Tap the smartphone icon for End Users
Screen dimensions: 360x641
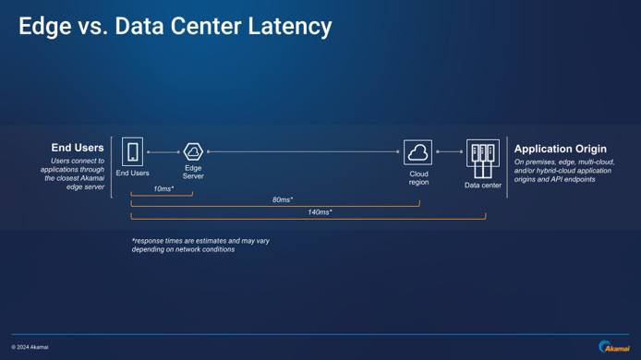[x=133, y=151]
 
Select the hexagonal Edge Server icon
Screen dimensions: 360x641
[x=193, y=151]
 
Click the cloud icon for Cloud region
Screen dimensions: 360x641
[x=417, y=152]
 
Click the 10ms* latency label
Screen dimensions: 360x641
[x=163, y=188]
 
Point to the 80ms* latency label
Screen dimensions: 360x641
[x=282, y=199]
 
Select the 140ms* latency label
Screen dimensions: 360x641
[x=319, y=212]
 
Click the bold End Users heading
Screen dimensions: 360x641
[x=78, y=148]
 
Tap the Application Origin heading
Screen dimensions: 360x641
[x=560, y=149]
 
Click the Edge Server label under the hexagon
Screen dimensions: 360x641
[x=193, y=172]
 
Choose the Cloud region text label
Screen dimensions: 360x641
[x=418, y=176]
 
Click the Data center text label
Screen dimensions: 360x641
[x=483, y=185]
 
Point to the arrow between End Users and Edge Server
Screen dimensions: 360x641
[x=163, y=152]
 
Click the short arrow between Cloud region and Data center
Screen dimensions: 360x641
[x=449, y=152]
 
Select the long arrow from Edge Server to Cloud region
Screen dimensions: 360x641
[x=305, y=152]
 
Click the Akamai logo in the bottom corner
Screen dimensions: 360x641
[x=613, y=346]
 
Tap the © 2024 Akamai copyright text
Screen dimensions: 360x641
[x=30, y=347]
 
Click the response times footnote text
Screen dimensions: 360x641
[x=200, y=245]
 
